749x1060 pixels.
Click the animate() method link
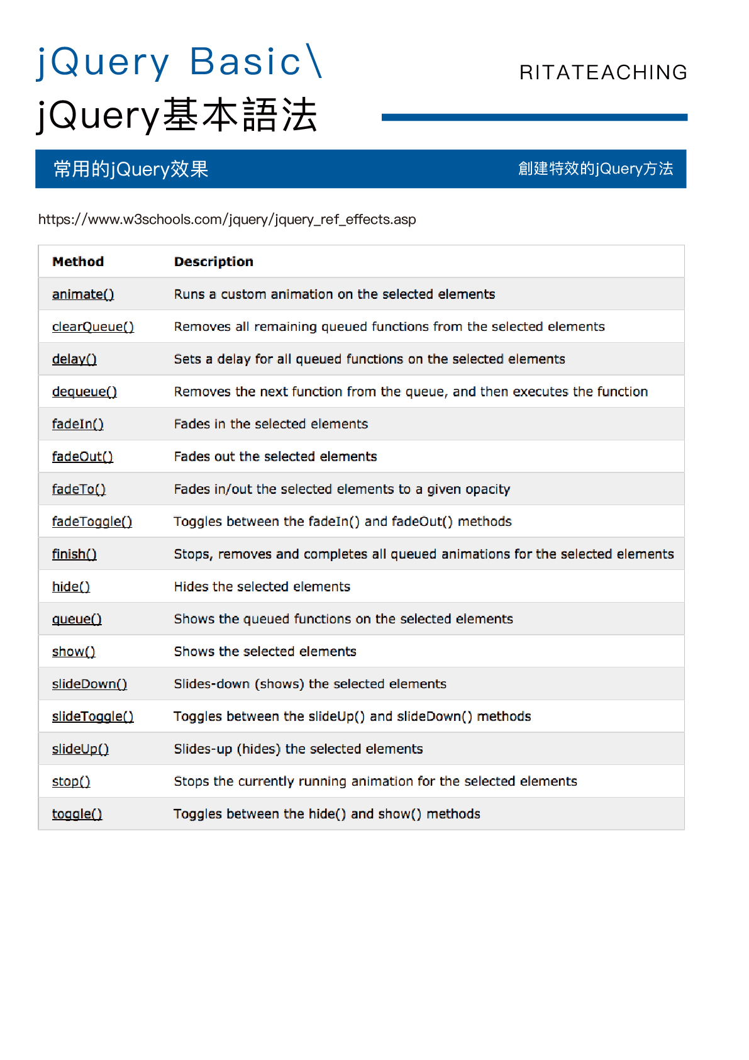tap(83, 294)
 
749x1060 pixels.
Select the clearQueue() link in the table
tap(93, 327)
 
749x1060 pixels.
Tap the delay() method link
tap(74, 359)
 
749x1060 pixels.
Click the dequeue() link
tap(84, 392)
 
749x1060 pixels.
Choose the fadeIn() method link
tap(78, 424)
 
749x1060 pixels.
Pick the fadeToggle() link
tap(92, 522)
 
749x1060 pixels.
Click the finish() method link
tap(74, 554)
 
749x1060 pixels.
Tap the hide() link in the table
tap(71, 587)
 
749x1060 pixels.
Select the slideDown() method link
tap(89, 684)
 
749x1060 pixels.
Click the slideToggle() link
tap(92, 717)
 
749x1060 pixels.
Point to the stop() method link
tap(71, 781)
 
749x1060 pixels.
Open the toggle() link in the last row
tap(77, 814)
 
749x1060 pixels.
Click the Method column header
tap(78, 262)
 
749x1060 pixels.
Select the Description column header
tap(214, 262)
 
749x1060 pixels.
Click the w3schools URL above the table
tap(227, 220)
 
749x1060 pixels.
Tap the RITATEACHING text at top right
tap(603, 72)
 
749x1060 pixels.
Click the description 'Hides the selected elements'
tap(262, 587)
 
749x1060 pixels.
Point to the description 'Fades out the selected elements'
tap(275, 457)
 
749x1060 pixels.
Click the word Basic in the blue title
tap(245, 62)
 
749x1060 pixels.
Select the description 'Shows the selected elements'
tap(265, 652)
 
